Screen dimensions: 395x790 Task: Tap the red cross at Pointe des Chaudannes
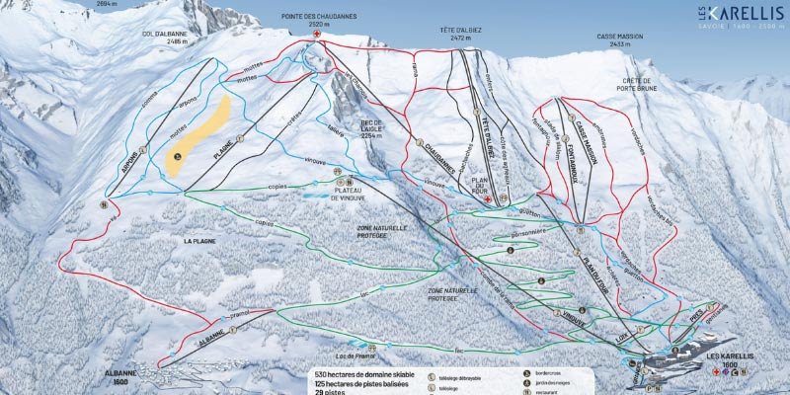point(317,36)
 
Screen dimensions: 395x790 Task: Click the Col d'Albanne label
point(163,35)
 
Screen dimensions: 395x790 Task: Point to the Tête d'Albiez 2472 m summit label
point(459,36)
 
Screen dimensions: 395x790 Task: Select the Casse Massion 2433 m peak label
point(619,39)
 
